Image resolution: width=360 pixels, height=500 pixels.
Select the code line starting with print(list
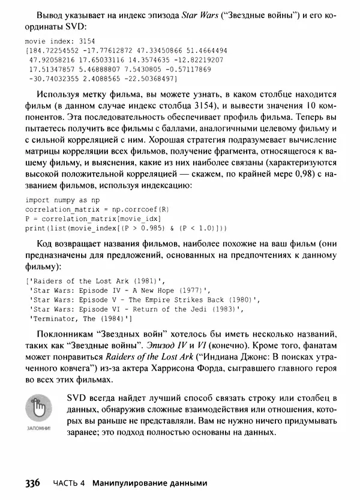tap(126, 228)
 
